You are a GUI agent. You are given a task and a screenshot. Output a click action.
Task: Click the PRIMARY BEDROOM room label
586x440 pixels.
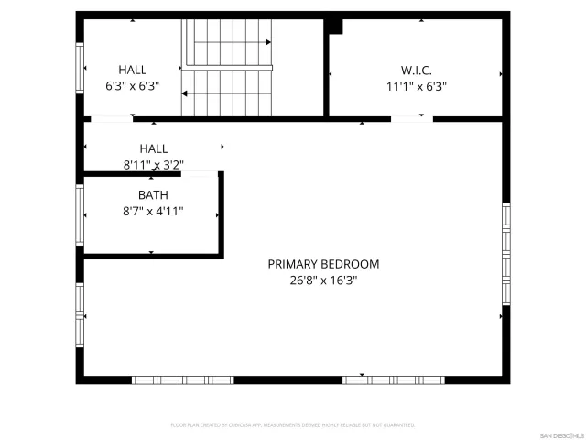point(323,264)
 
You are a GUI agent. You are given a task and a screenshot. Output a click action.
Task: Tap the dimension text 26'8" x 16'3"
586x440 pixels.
point(323,281)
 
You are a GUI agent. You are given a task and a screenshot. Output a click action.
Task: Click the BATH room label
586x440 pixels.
point(153,195)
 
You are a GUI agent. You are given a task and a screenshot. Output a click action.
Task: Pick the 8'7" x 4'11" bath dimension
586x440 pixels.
point(153,212)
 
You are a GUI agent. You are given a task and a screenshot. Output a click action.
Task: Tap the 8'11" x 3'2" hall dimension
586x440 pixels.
point(153,165)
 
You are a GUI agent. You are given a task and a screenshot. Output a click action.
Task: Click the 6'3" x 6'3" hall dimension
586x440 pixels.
point(133,87)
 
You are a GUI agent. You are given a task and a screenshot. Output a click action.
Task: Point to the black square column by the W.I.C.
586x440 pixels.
point(335,27)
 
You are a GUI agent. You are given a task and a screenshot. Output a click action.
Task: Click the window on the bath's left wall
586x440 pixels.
point(81,215)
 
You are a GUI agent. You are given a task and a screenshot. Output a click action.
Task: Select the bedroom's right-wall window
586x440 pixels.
point(505,253)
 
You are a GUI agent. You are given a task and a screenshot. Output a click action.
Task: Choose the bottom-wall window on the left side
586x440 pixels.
point(183,379)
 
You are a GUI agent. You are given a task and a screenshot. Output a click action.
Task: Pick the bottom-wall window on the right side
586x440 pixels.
point(393,379)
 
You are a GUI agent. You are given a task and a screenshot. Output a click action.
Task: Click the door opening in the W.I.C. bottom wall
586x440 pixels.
point(412,118)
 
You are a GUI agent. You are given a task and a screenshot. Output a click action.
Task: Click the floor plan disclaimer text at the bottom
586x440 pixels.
point(293,425)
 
